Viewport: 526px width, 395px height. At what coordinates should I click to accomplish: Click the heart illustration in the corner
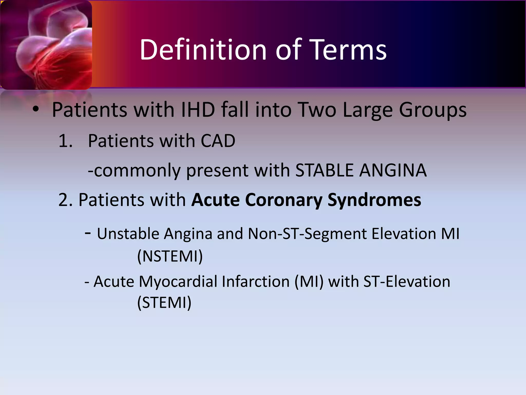click(46, 45)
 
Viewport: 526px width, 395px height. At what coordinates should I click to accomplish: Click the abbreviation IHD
click(198, 110)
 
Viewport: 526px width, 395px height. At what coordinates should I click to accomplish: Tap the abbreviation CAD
click(218, 141)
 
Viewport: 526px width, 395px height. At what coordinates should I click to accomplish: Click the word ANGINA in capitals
click(393, 170)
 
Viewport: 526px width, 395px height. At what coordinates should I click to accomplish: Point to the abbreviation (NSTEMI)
click(170, 256)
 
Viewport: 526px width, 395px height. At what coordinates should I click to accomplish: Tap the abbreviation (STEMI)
click(164, 302)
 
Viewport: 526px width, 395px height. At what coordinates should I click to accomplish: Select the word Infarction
click(256, 281)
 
